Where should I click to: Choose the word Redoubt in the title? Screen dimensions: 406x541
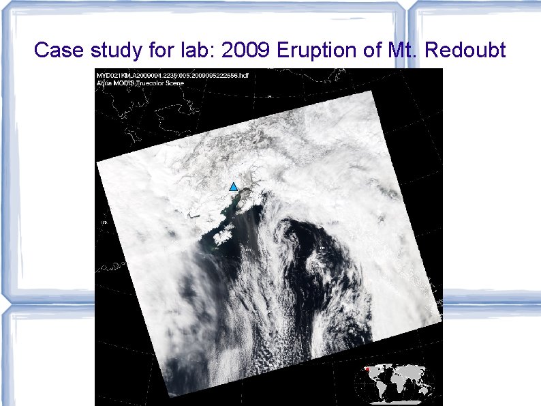coord(472,50)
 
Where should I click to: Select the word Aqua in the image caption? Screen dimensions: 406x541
coord(104,83)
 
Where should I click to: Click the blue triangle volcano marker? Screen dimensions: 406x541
coord(233,187)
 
